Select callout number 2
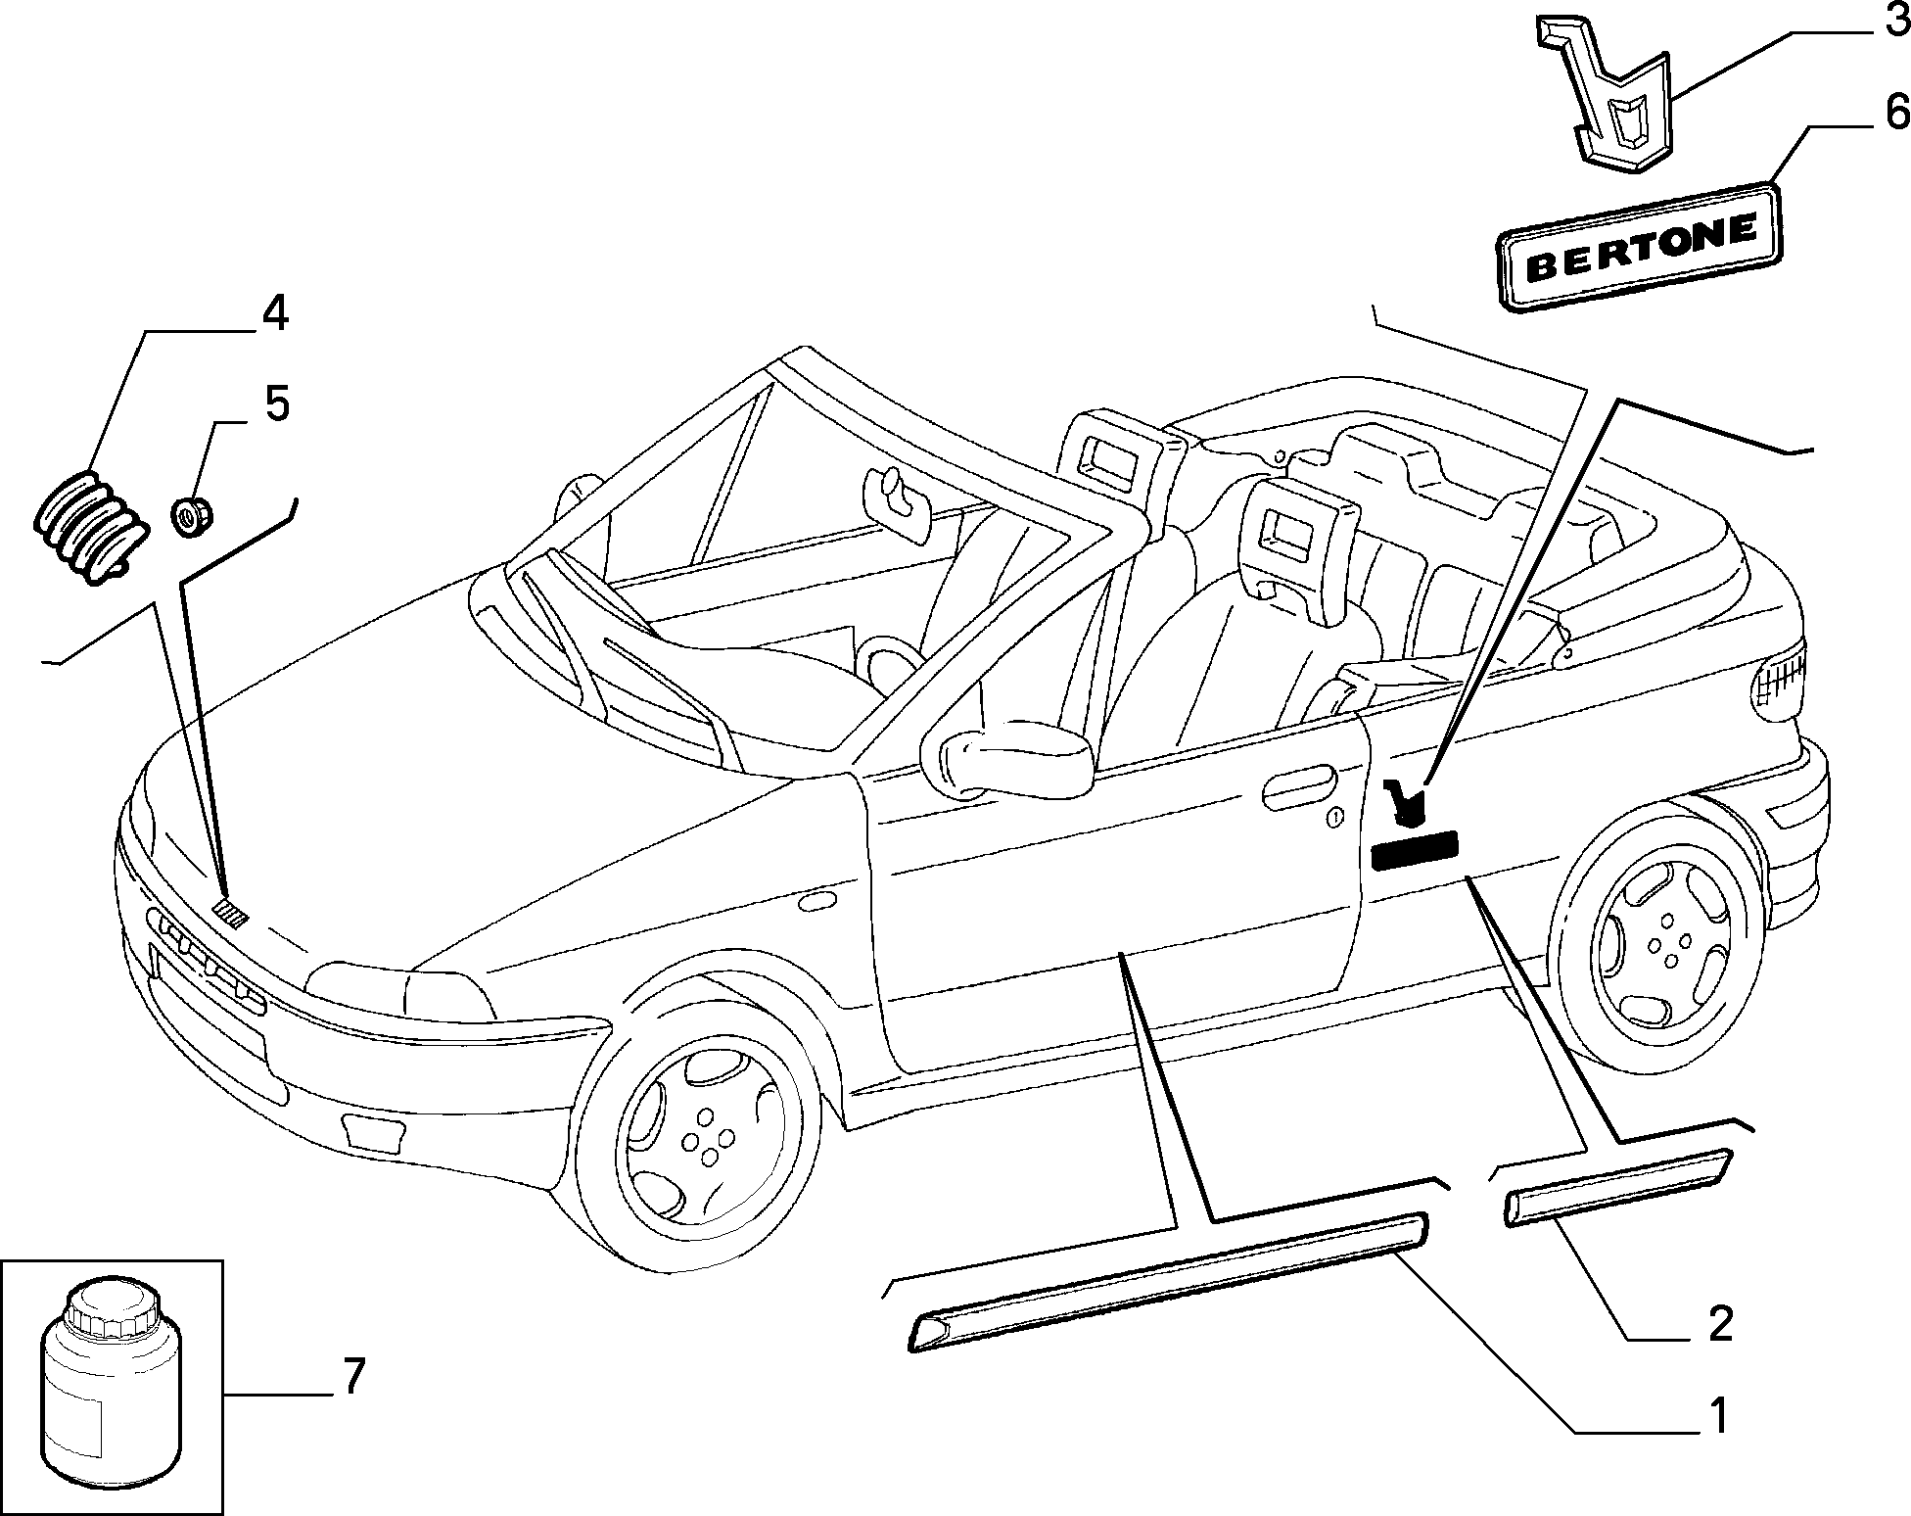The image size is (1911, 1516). pos(1719,1325)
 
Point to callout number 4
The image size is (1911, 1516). pos(274,314)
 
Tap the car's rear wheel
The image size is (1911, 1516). pos(1655,935)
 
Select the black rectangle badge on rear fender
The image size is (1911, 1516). pos(1415,851)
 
